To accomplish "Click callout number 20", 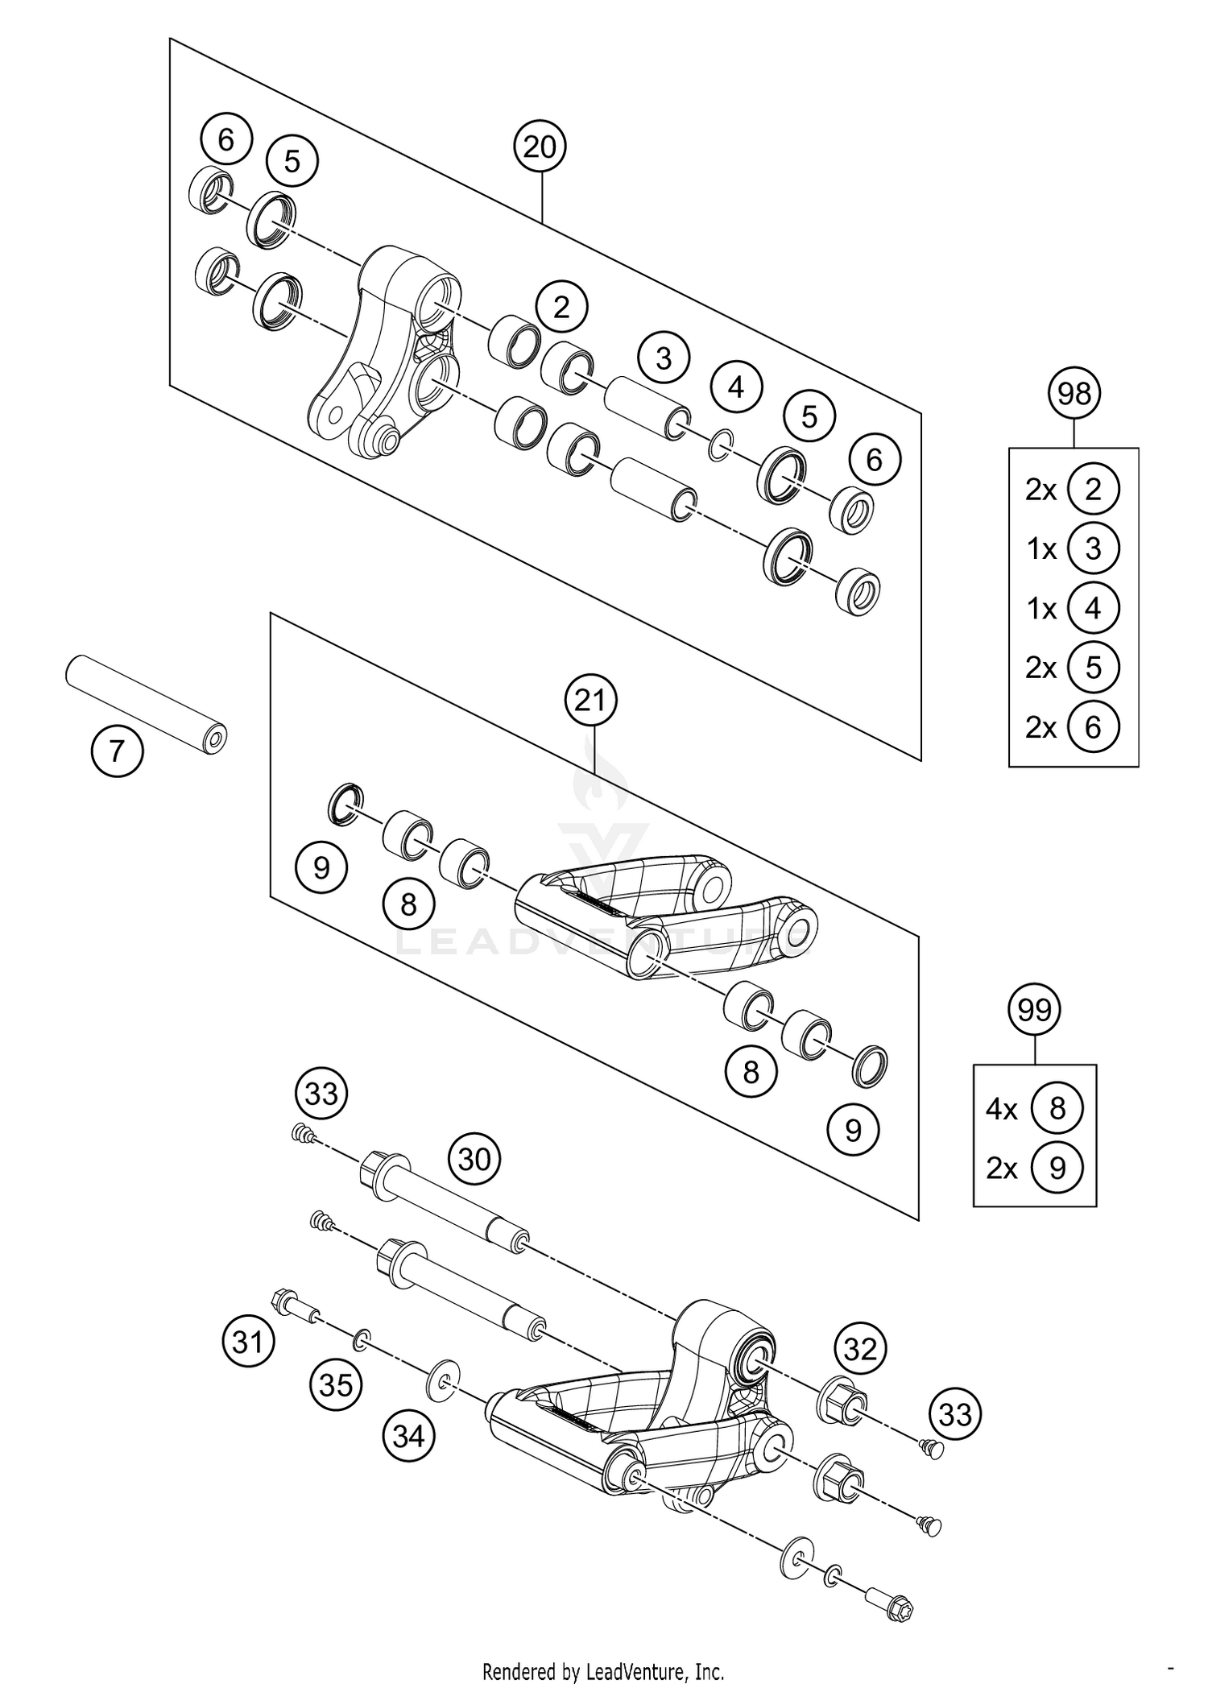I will (540, 147).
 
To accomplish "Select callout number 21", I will (590, 701).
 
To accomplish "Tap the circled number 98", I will (1074, 394).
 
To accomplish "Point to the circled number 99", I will (1035, 1008).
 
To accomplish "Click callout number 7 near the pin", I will (117, 751).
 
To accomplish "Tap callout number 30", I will (474, 1159).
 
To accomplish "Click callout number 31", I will (248, 1342).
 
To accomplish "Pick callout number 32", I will (860, 1348).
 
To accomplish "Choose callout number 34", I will (408, 1434).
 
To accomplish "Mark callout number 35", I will (336, 1384).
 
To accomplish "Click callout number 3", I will (664, 358).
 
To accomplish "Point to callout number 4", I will (736, 387).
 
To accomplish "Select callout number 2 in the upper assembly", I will (561, 307).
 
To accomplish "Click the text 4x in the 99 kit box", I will (1001, 1109).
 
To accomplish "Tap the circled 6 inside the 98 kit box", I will (1092, 727).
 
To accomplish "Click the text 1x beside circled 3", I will (1041, 549).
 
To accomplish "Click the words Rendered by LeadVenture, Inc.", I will (603, 1671).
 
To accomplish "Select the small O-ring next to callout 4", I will (722, 444).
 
